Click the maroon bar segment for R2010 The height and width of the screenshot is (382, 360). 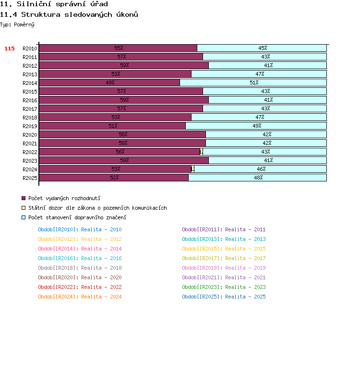click(118, 48)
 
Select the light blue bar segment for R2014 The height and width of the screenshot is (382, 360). click(253, 83)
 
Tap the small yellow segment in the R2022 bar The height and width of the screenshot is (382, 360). click(201, 152)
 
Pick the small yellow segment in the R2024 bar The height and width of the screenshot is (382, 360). click(193, 169)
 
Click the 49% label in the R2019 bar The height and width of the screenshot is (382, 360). click(257, 126)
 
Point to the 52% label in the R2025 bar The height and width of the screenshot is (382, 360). click(114, 178)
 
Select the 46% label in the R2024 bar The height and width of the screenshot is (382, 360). click(261, 169)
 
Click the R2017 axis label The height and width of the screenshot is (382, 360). click(30, 109)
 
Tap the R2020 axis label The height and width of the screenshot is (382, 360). click(30, 135)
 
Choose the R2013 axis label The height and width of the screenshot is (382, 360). click(30, 74)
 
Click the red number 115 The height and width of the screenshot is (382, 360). click(10, 48)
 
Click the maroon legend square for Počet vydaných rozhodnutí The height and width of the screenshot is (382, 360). click(24, 198)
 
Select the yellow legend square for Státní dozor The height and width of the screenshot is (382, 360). click(24, 208)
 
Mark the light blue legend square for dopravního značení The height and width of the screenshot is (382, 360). click(24, 217)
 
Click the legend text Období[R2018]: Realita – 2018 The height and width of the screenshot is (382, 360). click(80, 268)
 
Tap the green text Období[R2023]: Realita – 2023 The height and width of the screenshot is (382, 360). click(224, 287)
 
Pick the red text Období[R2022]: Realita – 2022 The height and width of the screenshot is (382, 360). click(80, 287)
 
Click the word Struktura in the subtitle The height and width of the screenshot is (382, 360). click(41, 14)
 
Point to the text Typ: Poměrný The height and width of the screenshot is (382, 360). click(17, 24)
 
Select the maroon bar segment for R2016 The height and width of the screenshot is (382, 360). click(124, 100)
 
